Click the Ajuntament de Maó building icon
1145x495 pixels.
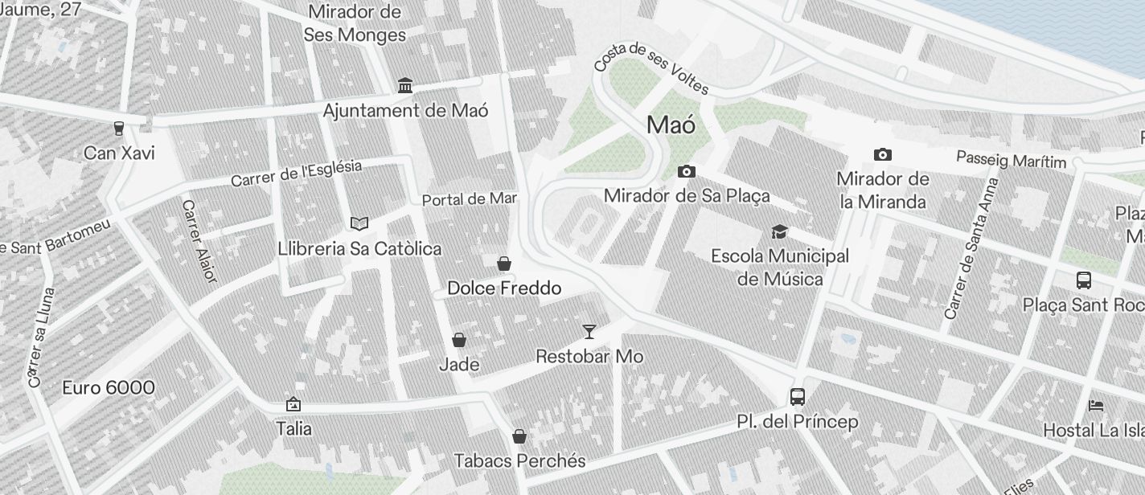pyautogui.click(x=405, y=86)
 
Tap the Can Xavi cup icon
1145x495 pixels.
pyautogui.click(x=119, y=129)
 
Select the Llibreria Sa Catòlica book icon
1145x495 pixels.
pyautogui.click(x=359, y=223)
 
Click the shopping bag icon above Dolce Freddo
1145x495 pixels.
pyautogui.click(x=504, y=264)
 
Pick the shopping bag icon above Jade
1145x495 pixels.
pyautogui.click(x=459, y=340)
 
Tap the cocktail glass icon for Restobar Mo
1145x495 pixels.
pyautogui.click(x=589, y=331)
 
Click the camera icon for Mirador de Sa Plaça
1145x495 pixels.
pyautogui.click(x=686, y=171)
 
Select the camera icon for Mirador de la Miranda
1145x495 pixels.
pyautogui.click(x=882, y=154)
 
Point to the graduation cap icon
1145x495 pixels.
pyautogui.click(x=779, y=231)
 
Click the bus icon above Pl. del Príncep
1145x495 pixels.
pyautogui.click(x=797, y=397)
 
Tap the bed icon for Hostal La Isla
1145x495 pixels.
pyautogui.click(x=1095, y=406)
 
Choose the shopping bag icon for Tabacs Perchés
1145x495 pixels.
pyautogui.click(x=519, y=436)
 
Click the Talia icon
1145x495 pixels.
pyautogui.click(x=293, y=404)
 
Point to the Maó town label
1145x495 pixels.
pyautogui.click(x=671, y=125)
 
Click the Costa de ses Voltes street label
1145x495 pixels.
pyautogui.click(x=651, y=67)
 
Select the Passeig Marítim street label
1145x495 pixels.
pyautogui.click(x=1011, y=160)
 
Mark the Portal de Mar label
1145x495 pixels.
pyautogui.click(x=470, y=198)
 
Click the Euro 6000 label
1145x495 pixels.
pyautogui.click(x=109, y=388)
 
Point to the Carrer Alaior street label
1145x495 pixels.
pyautogui.click(x=199, y=241)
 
